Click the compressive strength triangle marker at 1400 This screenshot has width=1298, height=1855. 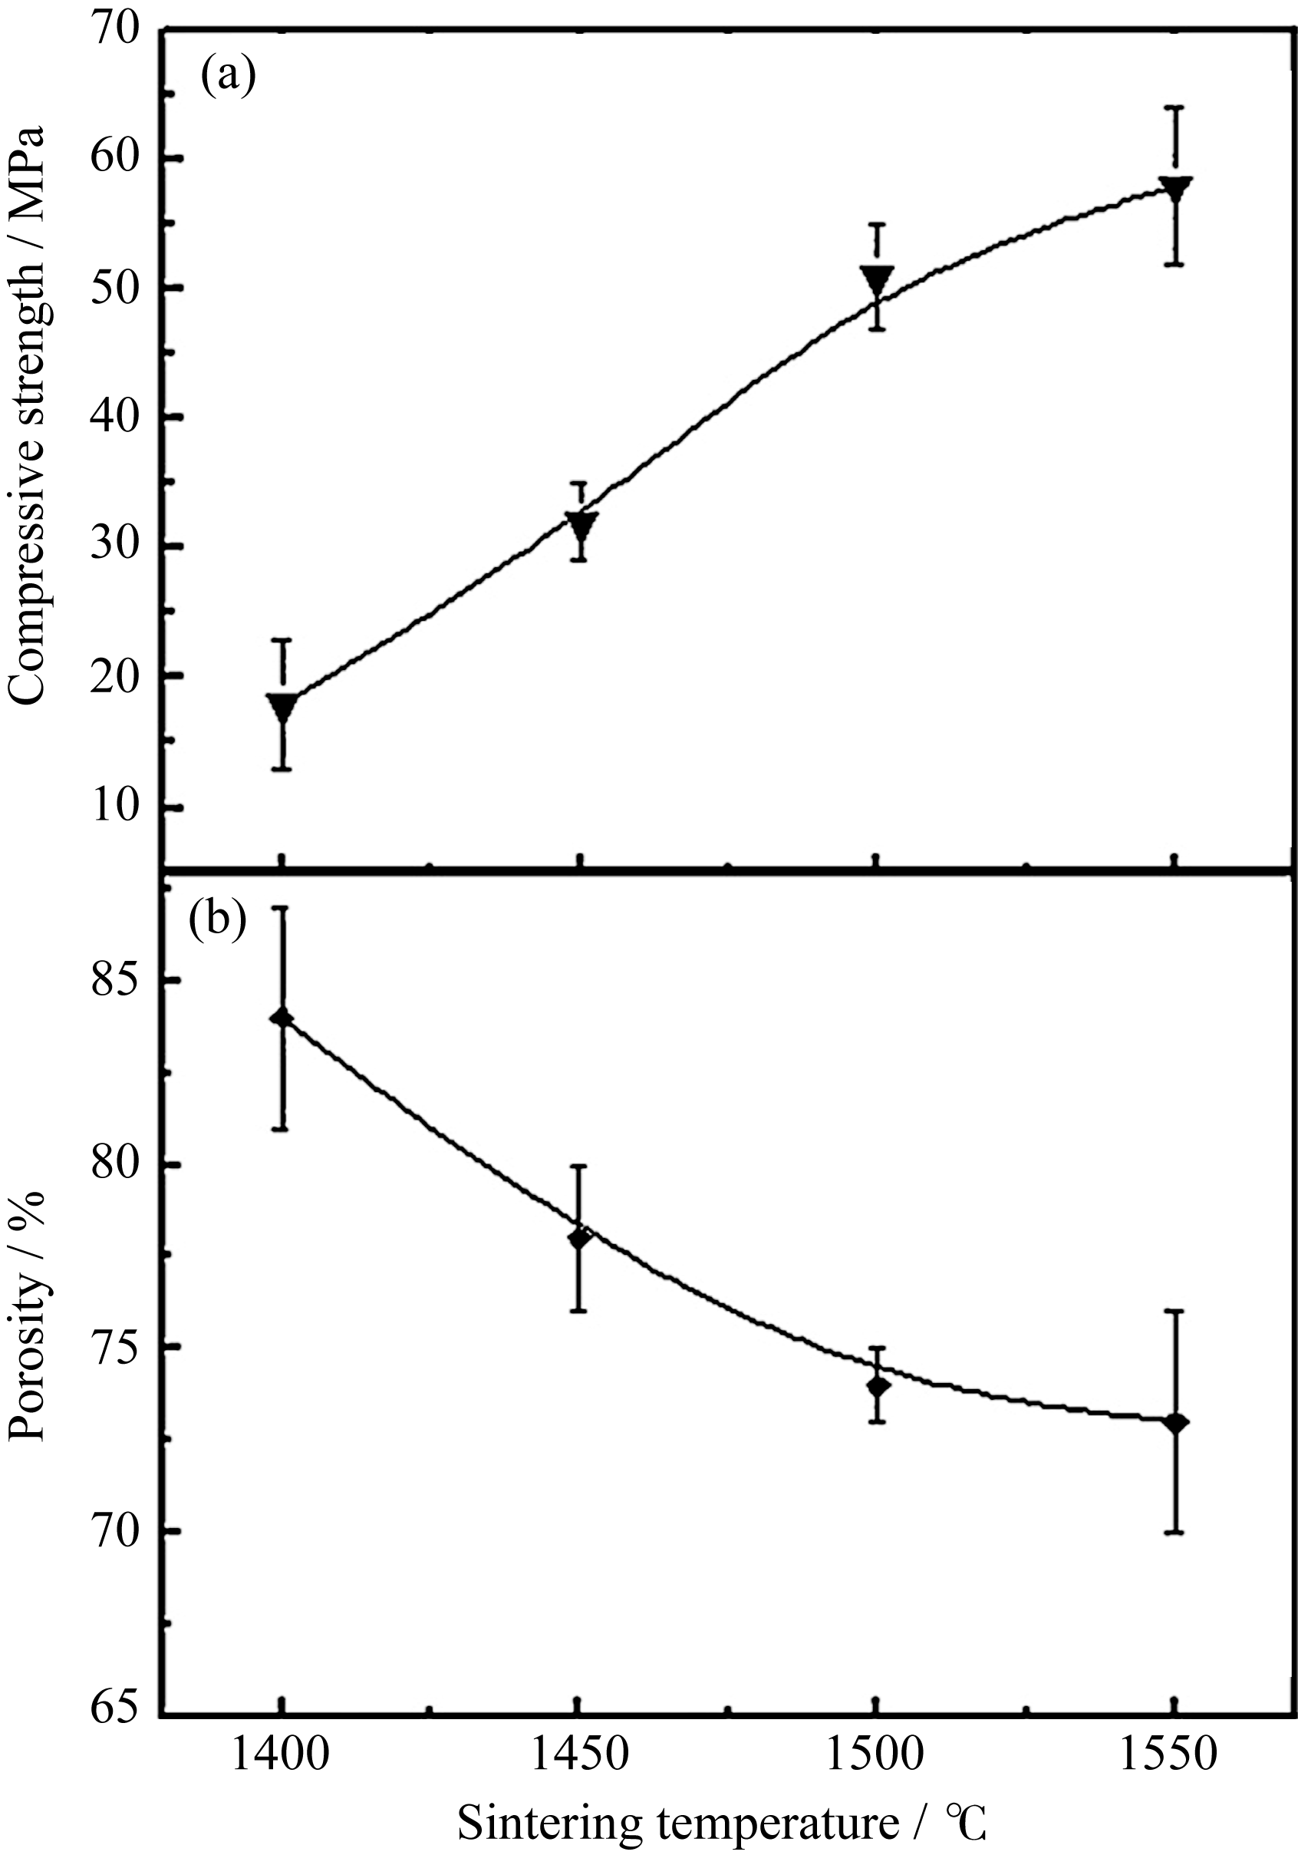tap(283, 706)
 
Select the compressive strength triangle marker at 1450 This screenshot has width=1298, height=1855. tap(580, 525)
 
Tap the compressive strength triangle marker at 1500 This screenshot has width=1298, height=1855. tap(877, 279)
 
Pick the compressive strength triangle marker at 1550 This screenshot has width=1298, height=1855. tap(1175, 188)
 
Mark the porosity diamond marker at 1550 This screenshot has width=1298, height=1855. tap(1176, 1423)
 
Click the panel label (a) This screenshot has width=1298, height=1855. tap(229, 76)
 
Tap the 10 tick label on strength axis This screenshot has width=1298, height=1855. tap(116, 806)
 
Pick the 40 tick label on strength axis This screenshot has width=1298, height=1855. tap(116, 417)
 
